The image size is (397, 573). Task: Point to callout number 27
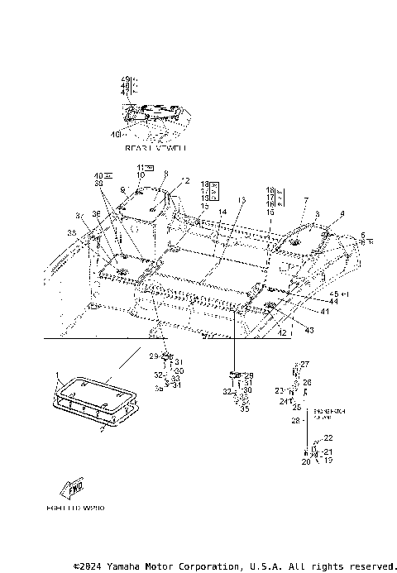pyautogui.click(x=304, y=365)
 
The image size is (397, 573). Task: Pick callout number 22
pyautogui.click(x=328, y=437)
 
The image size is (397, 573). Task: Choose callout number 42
pyautogui.click(x=280, y=332)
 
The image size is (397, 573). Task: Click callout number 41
pyautogui.click(x=325, y=312)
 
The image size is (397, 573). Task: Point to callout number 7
pyautogui.click(x=305, y=201)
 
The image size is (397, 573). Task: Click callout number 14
pyautogui.click(x=222, y=213)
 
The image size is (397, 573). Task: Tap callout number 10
pyautogui.click(x=141, y=175)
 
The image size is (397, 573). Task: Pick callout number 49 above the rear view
pyautogui.click(x=125, y=79)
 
